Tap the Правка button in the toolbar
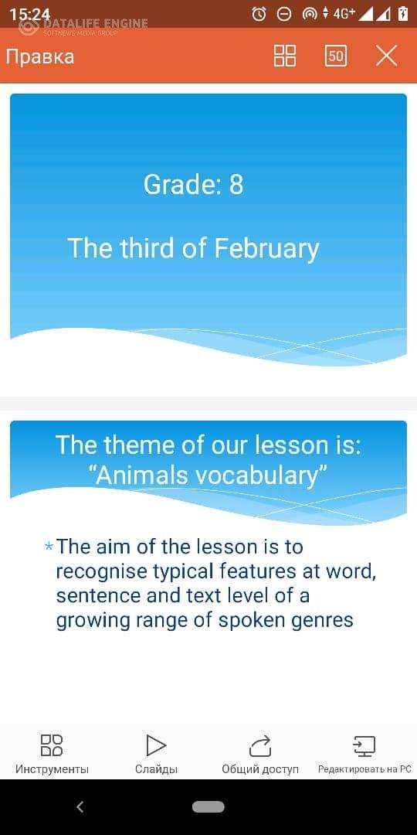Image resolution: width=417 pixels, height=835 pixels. click(40, 56)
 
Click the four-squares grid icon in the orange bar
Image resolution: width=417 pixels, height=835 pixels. click(285, 56)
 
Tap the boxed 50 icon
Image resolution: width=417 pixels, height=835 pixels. click(336, 56)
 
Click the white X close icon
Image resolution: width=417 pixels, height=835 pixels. click(387, 56)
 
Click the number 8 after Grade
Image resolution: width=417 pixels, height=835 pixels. click(236, 184)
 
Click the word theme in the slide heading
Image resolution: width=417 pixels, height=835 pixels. click(137, 445)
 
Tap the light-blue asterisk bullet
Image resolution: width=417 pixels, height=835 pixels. click(49, 547)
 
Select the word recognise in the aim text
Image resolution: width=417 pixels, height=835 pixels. click(102, 572)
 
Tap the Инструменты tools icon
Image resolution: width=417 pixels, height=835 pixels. click(52, 745)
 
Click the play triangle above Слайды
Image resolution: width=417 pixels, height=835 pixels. click(156, 745)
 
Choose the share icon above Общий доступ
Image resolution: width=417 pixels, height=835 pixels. click(261, 745)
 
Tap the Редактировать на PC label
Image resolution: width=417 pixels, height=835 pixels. click(364, 769)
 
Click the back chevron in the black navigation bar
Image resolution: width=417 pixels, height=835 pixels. click(80, 806)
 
